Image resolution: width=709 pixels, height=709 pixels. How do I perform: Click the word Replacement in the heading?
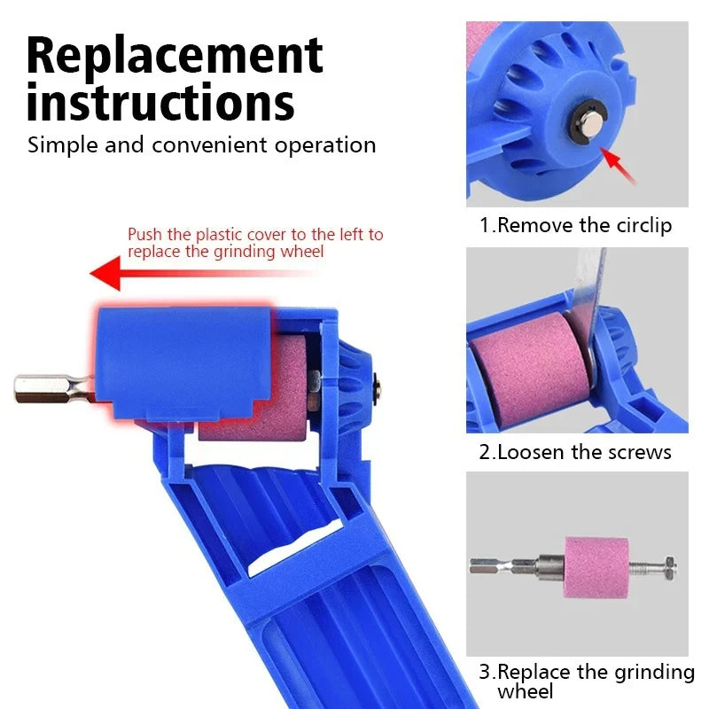(175, 55)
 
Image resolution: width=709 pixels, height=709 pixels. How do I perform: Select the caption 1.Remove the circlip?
(575, 225)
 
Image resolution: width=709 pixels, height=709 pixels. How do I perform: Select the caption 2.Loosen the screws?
(575, 452)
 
